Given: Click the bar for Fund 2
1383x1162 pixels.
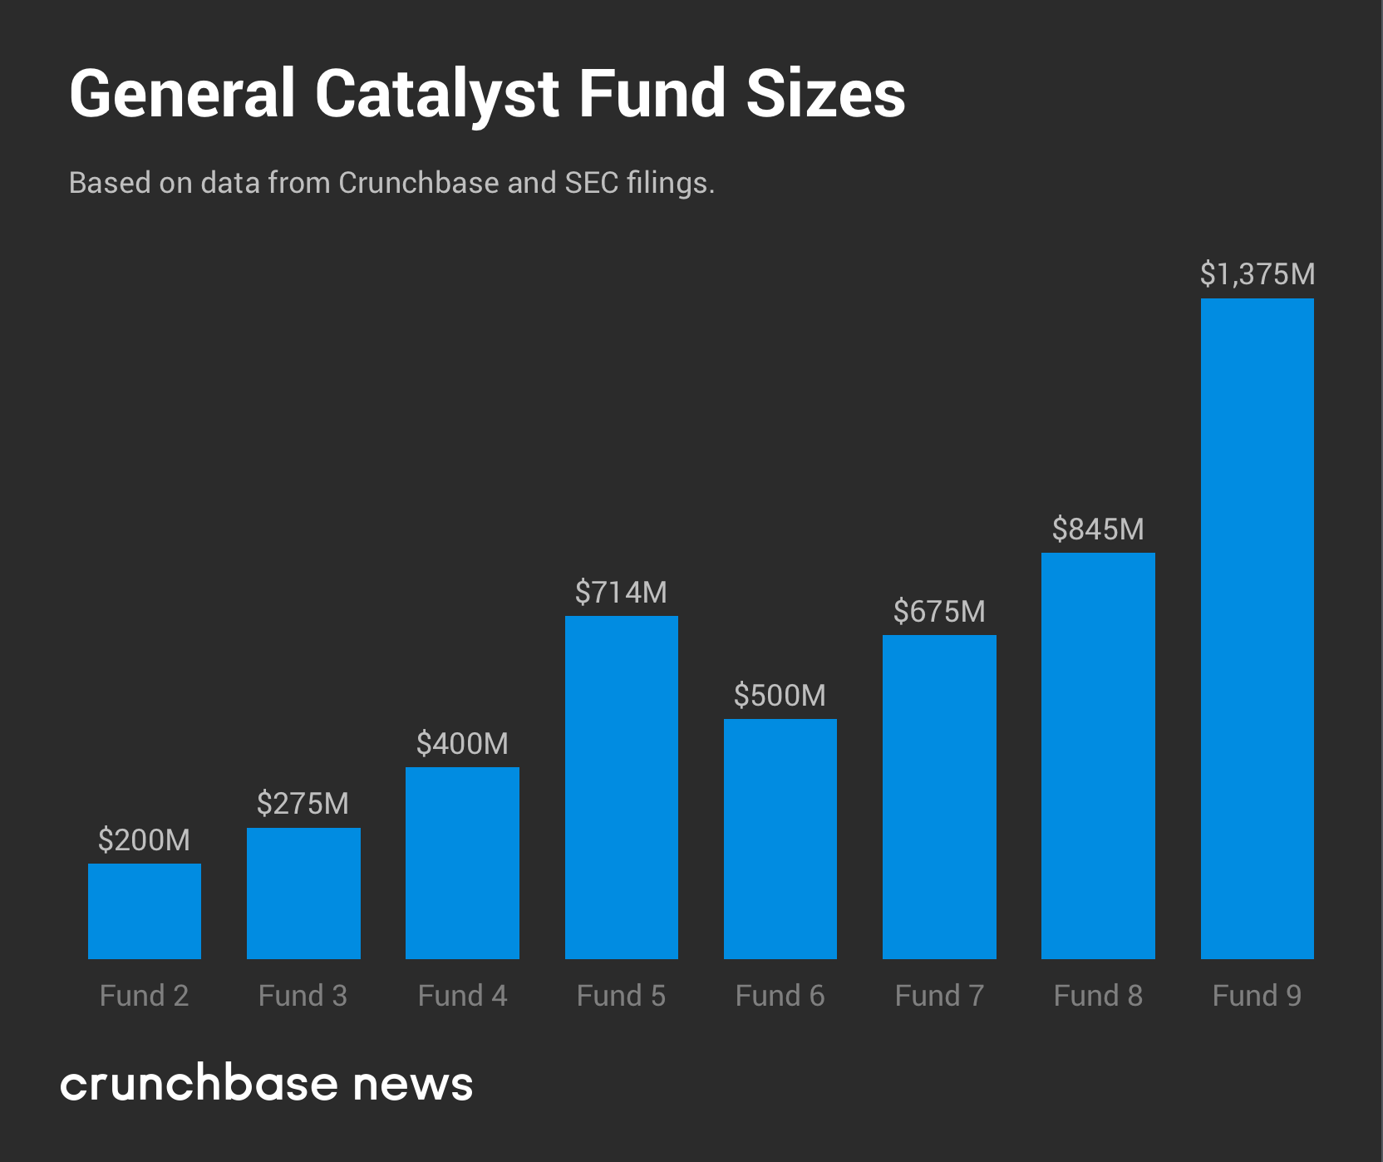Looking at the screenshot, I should click(x=145, y=911).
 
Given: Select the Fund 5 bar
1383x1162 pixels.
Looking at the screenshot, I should click(x=622, y=787).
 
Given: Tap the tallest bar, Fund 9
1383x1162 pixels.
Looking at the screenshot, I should click(x=1257, y=628).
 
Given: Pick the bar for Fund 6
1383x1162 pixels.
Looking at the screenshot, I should click(x=780, y=839).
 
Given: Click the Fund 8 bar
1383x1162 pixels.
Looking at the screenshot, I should click(x=1098, y=756).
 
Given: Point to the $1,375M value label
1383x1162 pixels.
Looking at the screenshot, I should click(x=1257, y=274).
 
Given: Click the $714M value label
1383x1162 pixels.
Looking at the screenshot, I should click(x=622, y=593).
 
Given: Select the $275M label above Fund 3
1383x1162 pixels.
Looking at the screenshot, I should click(x=303, y=804).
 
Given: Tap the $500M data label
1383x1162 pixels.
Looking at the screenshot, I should click(x=780, y=696).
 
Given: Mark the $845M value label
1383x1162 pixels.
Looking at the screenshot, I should click(x=1098, y=529).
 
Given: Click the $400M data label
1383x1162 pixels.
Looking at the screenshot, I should click(x=462, y=744).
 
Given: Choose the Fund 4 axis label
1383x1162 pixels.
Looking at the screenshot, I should click(x=462, y=996).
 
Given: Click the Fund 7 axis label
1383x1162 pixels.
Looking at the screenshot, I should click(x=939, y=996).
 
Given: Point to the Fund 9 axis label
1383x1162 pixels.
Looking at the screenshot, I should click(x=1257, y=996).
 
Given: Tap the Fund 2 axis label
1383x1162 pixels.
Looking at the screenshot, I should click(x=145, y=996).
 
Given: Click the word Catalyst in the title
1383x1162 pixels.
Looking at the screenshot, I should click(x=436, y=95).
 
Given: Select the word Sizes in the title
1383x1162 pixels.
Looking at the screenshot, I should click(x=824, y=95).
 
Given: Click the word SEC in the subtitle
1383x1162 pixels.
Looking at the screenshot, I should click(x=592, y=183).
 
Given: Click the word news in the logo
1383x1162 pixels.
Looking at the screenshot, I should click(x=412, y=1086).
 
